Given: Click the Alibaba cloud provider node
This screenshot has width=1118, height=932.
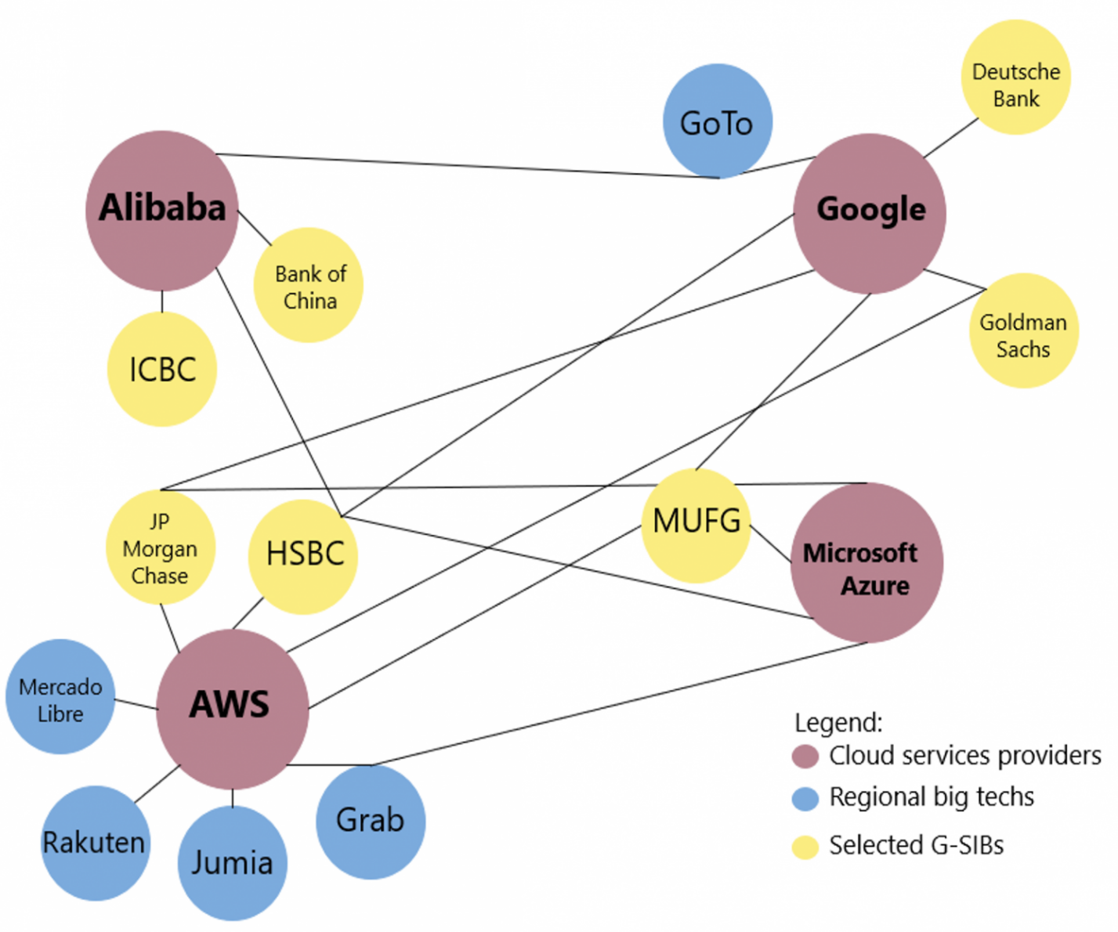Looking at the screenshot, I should (x=162, y=210).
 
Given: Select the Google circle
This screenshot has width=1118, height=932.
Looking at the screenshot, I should (x=870, y=213).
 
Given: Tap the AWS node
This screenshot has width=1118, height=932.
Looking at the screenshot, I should (x=232, y=709).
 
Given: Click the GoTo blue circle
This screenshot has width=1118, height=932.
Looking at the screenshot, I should (x=717, y=121).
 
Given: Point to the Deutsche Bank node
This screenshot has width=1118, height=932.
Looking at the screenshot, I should (x=1015, y=77).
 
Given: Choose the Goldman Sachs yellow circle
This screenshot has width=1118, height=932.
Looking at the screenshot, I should (x=1023, y=330).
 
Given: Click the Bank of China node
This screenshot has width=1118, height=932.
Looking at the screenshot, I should (x=308, y=284).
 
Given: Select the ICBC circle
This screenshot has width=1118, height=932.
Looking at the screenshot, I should (x=162, y=369).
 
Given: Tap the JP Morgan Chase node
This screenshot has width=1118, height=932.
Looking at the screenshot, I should (x=161, y=547).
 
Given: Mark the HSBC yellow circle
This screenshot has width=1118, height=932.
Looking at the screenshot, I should (x=303, y=556).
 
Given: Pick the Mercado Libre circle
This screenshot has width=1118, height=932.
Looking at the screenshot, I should (x=60, y=696).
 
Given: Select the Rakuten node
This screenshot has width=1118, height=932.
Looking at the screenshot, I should (x=95, y=843).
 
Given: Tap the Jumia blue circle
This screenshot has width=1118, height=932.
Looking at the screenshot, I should (x=232, y=862).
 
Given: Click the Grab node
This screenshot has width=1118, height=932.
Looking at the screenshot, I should (x=371, y=821).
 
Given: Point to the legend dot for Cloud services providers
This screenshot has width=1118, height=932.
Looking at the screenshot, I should (x=805, y=756).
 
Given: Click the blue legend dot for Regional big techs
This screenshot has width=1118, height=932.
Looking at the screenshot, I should (x=805, y=798).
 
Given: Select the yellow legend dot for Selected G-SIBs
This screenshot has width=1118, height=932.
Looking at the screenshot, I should (x=805, y=847).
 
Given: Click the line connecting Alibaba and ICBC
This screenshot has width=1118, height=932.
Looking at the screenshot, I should (x=162, y=302).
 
